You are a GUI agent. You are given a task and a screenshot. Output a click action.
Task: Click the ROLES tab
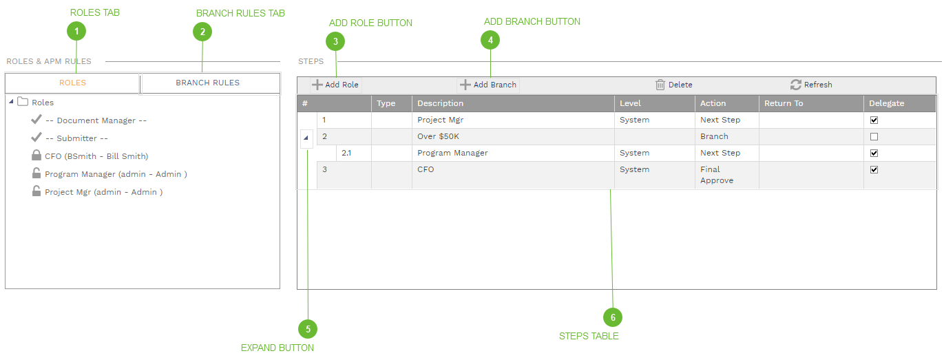72,83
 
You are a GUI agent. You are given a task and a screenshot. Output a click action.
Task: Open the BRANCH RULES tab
207,83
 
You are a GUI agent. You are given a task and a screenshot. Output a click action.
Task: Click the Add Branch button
488,85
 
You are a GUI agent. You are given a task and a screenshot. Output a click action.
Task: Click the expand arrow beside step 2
306,138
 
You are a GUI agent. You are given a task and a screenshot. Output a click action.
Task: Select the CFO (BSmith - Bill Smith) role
96,156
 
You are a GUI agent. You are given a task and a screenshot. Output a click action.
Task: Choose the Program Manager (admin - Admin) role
116,174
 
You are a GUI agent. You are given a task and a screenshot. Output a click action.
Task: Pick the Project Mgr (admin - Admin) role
103,192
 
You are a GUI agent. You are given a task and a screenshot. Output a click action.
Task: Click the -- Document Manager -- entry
96,120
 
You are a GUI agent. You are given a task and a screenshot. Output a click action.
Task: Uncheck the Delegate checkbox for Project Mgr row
874,120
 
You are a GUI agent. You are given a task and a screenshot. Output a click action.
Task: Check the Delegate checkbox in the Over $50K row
874,136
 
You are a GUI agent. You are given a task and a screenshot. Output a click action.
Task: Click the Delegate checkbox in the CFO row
874,169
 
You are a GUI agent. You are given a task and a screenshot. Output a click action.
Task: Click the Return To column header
784,103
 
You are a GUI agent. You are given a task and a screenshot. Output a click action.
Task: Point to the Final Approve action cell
717,175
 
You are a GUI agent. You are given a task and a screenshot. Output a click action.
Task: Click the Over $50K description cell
438,136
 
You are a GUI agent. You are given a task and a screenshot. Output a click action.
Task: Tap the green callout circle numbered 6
612,317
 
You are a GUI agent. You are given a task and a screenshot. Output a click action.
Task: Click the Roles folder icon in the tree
23,102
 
